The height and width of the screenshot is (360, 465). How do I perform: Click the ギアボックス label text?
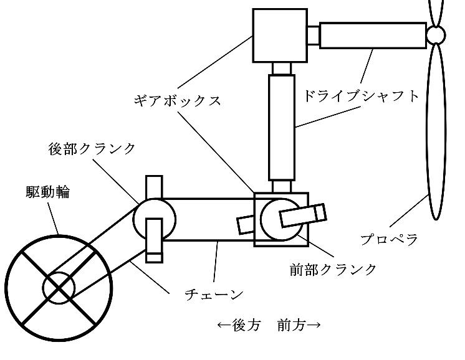click(x=178, y=100)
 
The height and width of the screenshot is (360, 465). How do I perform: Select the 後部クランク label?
click(x=92, y=148)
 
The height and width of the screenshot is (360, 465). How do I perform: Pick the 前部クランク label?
click(x=333, y=268)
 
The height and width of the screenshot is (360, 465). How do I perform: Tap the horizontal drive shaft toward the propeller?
click(x=373, y=35)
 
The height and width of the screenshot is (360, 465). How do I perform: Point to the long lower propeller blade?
click(x=439, y=137)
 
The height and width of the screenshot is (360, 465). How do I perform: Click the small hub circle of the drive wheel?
click(x=59, y=287)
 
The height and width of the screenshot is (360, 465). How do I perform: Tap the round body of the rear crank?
click(x=154, y=218)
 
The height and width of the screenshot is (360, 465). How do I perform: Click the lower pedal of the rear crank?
click(x=153, y=239)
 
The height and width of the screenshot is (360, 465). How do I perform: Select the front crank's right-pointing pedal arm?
click(x=303, y=216)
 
